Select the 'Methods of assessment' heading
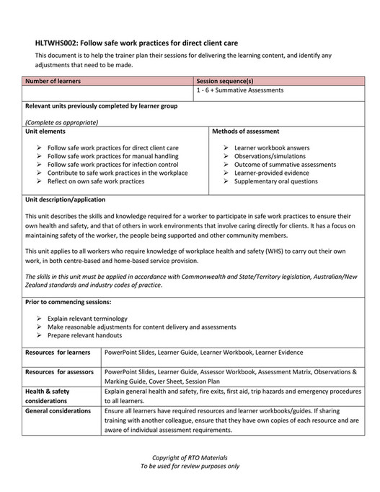pyautogui.click(x=246, y=131)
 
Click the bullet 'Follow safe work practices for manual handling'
pyautogui.click(x=112, y=156)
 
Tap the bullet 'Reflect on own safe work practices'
pyautogui.click(x=95, y=181)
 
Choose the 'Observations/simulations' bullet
pyautogui.click(x=269, y=156)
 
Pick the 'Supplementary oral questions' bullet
pyautogui.click(x=275, y=181)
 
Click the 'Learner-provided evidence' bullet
pyautogui.click(x=271, y=173)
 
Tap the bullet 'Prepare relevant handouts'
pyautogui.click(x=84, y=335)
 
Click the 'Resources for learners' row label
pyautogui.click(x=56, y=352)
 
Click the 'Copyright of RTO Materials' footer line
pyautogui.click(x=189, y=458)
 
